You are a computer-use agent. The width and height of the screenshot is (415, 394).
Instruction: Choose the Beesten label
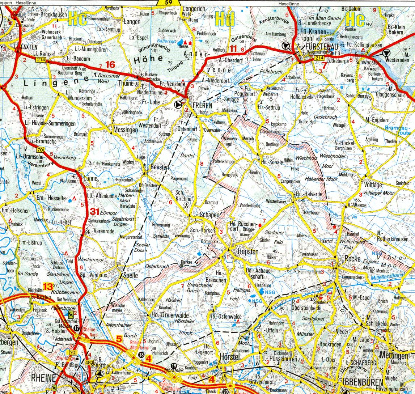(x=160, y=168)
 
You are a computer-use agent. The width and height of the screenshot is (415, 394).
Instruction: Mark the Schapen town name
(x=209, y=215)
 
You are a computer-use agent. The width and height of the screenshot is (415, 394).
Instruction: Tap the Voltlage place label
(x=373, y=185)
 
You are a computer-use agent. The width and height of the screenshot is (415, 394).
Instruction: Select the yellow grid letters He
(x=355, y=20)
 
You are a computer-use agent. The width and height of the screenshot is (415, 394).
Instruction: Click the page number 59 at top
(x=168, y=3)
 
